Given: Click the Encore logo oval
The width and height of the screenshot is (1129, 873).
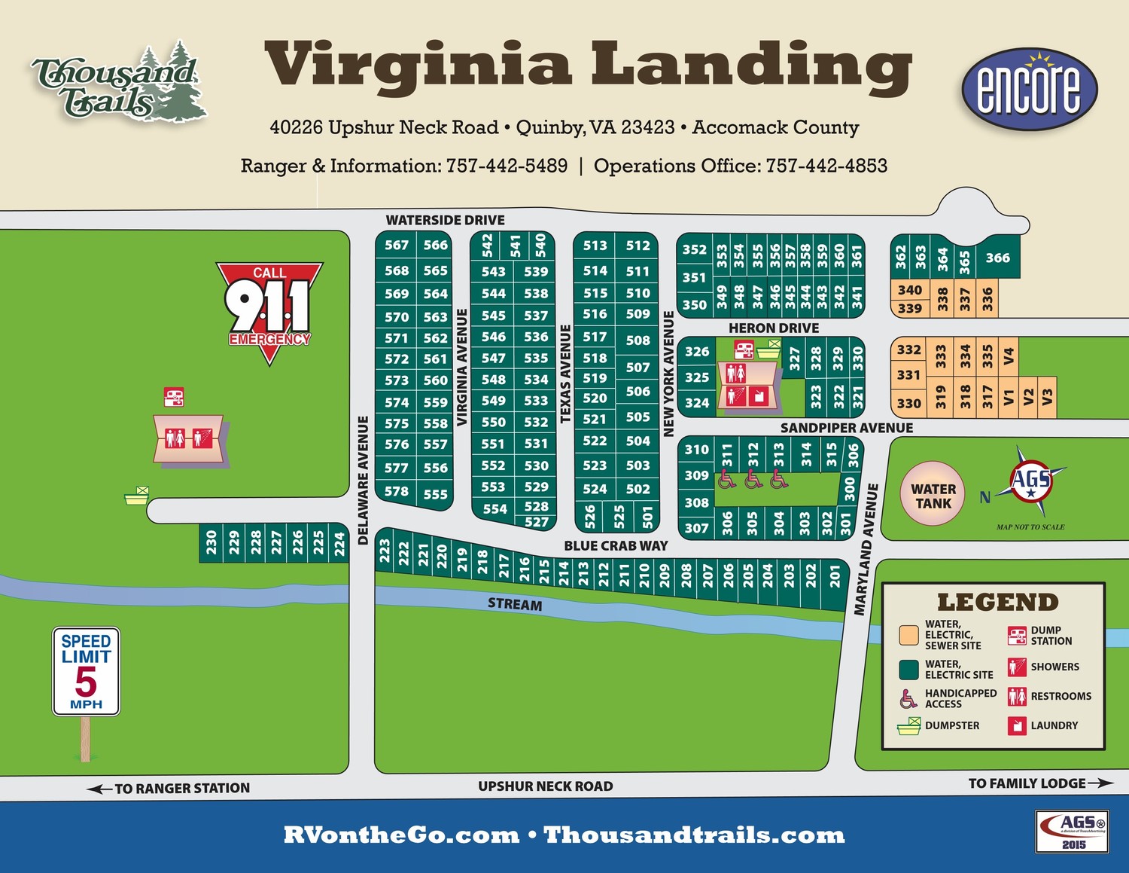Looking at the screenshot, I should (1029, 90).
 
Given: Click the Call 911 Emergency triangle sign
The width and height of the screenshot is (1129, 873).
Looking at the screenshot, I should (269, 308).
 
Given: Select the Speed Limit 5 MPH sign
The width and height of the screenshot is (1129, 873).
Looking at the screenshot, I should (86, 671).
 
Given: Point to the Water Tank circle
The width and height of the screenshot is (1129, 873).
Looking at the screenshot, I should (933, 495).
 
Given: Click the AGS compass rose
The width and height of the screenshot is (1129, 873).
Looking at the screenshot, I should (1030, 481).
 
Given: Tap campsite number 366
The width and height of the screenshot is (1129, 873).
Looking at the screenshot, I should (997, 258).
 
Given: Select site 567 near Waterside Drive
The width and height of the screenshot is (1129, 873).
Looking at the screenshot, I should (396, 245).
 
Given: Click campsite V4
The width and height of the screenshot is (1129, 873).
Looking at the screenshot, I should (1009, 356).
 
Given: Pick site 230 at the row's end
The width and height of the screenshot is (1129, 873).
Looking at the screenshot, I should (211, 542).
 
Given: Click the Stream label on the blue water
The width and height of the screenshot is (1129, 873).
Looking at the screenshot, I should (514, 604).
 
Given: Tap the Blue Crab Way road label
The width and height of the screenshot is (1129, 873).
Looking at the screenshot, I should (616, 545).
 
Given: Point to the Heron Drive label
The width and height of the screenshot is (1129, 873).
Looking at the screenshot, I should (773, 328).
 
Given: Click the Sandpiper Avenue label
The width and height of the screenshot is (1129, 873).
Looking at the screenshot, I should (846, 428).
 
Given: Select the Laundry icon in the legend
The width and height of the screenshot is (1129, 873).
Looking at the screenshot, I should (1017, 725).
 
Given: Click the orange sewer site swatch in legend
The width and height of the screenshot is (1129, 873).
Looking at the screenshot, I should (909, 635).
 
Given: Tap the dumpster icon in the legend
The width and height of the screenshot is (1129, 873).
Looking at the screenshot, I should (909, 726).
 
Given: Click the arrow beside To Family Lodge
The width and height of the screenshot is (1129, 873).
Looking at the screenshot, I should (1100, 783).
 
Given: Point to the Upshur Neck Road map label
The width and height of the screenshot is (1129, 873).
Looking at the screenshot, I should (545, 786).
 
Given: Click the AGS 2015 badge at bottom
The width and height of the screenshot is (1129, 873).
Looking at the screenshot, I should (1073, 831).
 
